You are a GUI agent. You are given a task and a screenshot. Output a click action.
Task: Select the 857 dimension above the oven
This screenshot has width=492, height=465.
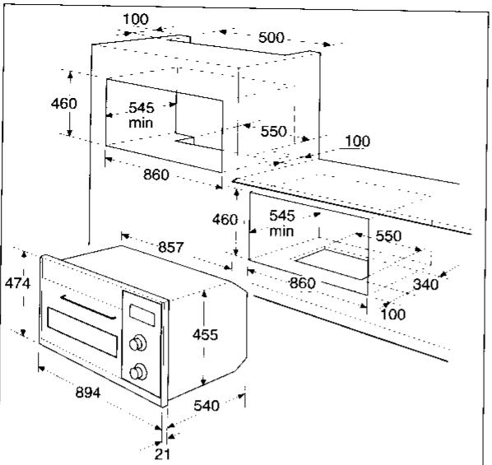coord(170,248)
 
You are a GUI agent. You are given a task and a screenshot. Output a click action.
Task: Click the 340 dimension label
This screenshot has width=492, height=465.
coord(425,285)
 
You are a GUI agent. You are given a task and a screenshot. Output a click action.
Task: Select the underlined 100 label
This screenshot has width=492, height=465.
coord(356,142)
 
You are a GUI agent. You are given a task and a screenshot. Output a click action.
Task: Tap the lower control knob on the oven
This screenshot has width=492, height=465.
coord(138,371)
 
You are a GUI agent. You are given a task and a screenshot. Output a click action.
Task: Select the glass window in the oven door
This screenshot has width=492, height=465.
coord(82,331)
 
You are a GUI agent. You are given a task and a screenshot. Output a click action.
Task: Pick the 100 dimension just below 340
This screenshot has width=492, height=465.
coord(395,314)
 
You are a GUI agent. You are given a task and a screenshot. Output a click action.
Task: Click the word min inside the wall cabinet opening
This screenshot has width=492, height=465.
coord(139,123)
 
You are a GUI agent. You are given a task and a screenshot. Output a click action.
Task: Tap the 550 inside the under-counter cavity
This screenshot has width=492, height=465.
coord(388,236)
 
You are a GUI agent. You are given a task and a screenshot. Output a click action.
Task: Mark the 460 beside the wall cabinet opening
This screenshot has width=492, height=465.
coord(63,104)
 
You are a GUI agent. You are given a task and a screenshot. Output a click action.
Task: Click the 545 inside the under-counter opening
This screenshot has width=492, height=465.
coord(282,216)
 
